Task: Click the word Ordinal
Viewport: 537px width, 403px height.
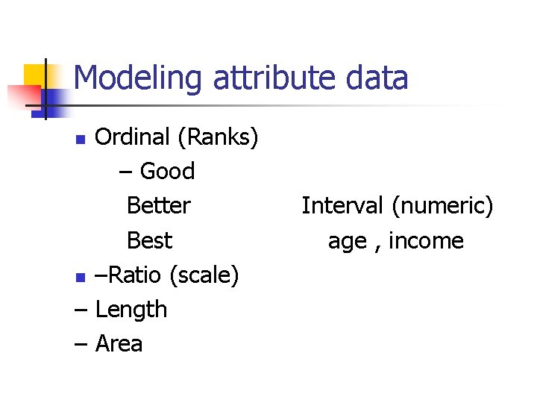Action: click(x=133, y=137)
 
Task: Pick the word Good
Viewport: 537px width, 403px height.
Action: click(x=167, y=172)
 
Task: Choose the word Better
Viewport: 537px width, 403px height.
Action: click(x=159, y=205)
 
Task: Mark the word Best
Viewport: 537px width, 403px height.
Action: click(x=149, y=240)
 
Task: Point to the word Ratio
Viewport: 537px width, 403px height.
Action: click(x=135, y=275)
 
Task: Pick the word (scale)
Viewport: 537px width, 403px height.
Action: click(x=204, y=275)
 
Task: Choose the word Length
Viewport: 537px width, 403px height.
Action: click(x=131, y=309)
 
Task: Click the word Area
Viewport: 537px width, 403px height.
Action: click(x=119, y=343)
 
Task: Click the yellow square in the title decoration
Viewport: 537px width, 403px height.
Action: click(x=36, y=75)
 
